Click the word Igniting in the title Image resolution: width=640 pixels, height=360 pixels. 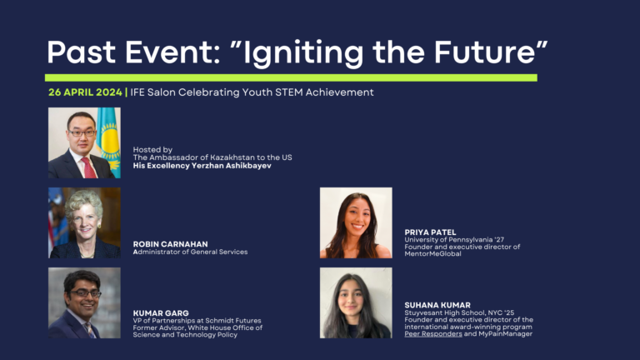click(303, 53)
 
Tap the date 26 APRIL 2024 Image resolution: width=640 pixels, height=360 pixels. click(85, 92)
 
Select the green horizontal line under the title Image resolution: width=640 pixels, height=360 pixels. click(291, 77)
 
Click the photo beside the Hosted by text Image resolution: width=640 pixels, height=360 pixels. click(84, 142)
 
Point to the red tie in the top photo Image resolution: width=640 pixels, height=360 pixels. click(89, 167)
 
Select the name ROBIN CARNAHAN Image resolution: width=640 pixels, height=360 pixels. click(170, 244)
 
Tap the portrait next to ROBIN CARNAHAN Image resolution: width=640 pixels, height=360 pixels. click(84, 222)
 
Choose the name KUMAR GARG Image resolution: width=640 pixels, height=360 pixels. click(161, 313)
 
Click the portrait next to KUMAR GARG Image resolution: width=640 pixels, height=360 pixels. click(84, 302)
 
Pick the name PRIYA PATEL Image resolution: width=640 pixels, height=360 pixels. click(430, 232)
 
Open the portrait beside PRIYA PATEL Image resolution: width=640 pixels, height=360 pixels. click(356, 222)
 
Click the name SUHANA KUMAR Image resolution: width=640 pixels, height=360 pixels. click(437, 305)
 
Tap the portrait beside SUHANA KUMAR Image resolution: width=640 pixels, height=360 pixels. click(356, 302)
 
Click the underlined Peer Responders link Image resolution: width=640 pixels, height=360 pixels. click(433, 334)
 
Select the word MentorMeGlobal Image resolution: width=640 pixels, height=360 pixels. click(432, 253)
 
